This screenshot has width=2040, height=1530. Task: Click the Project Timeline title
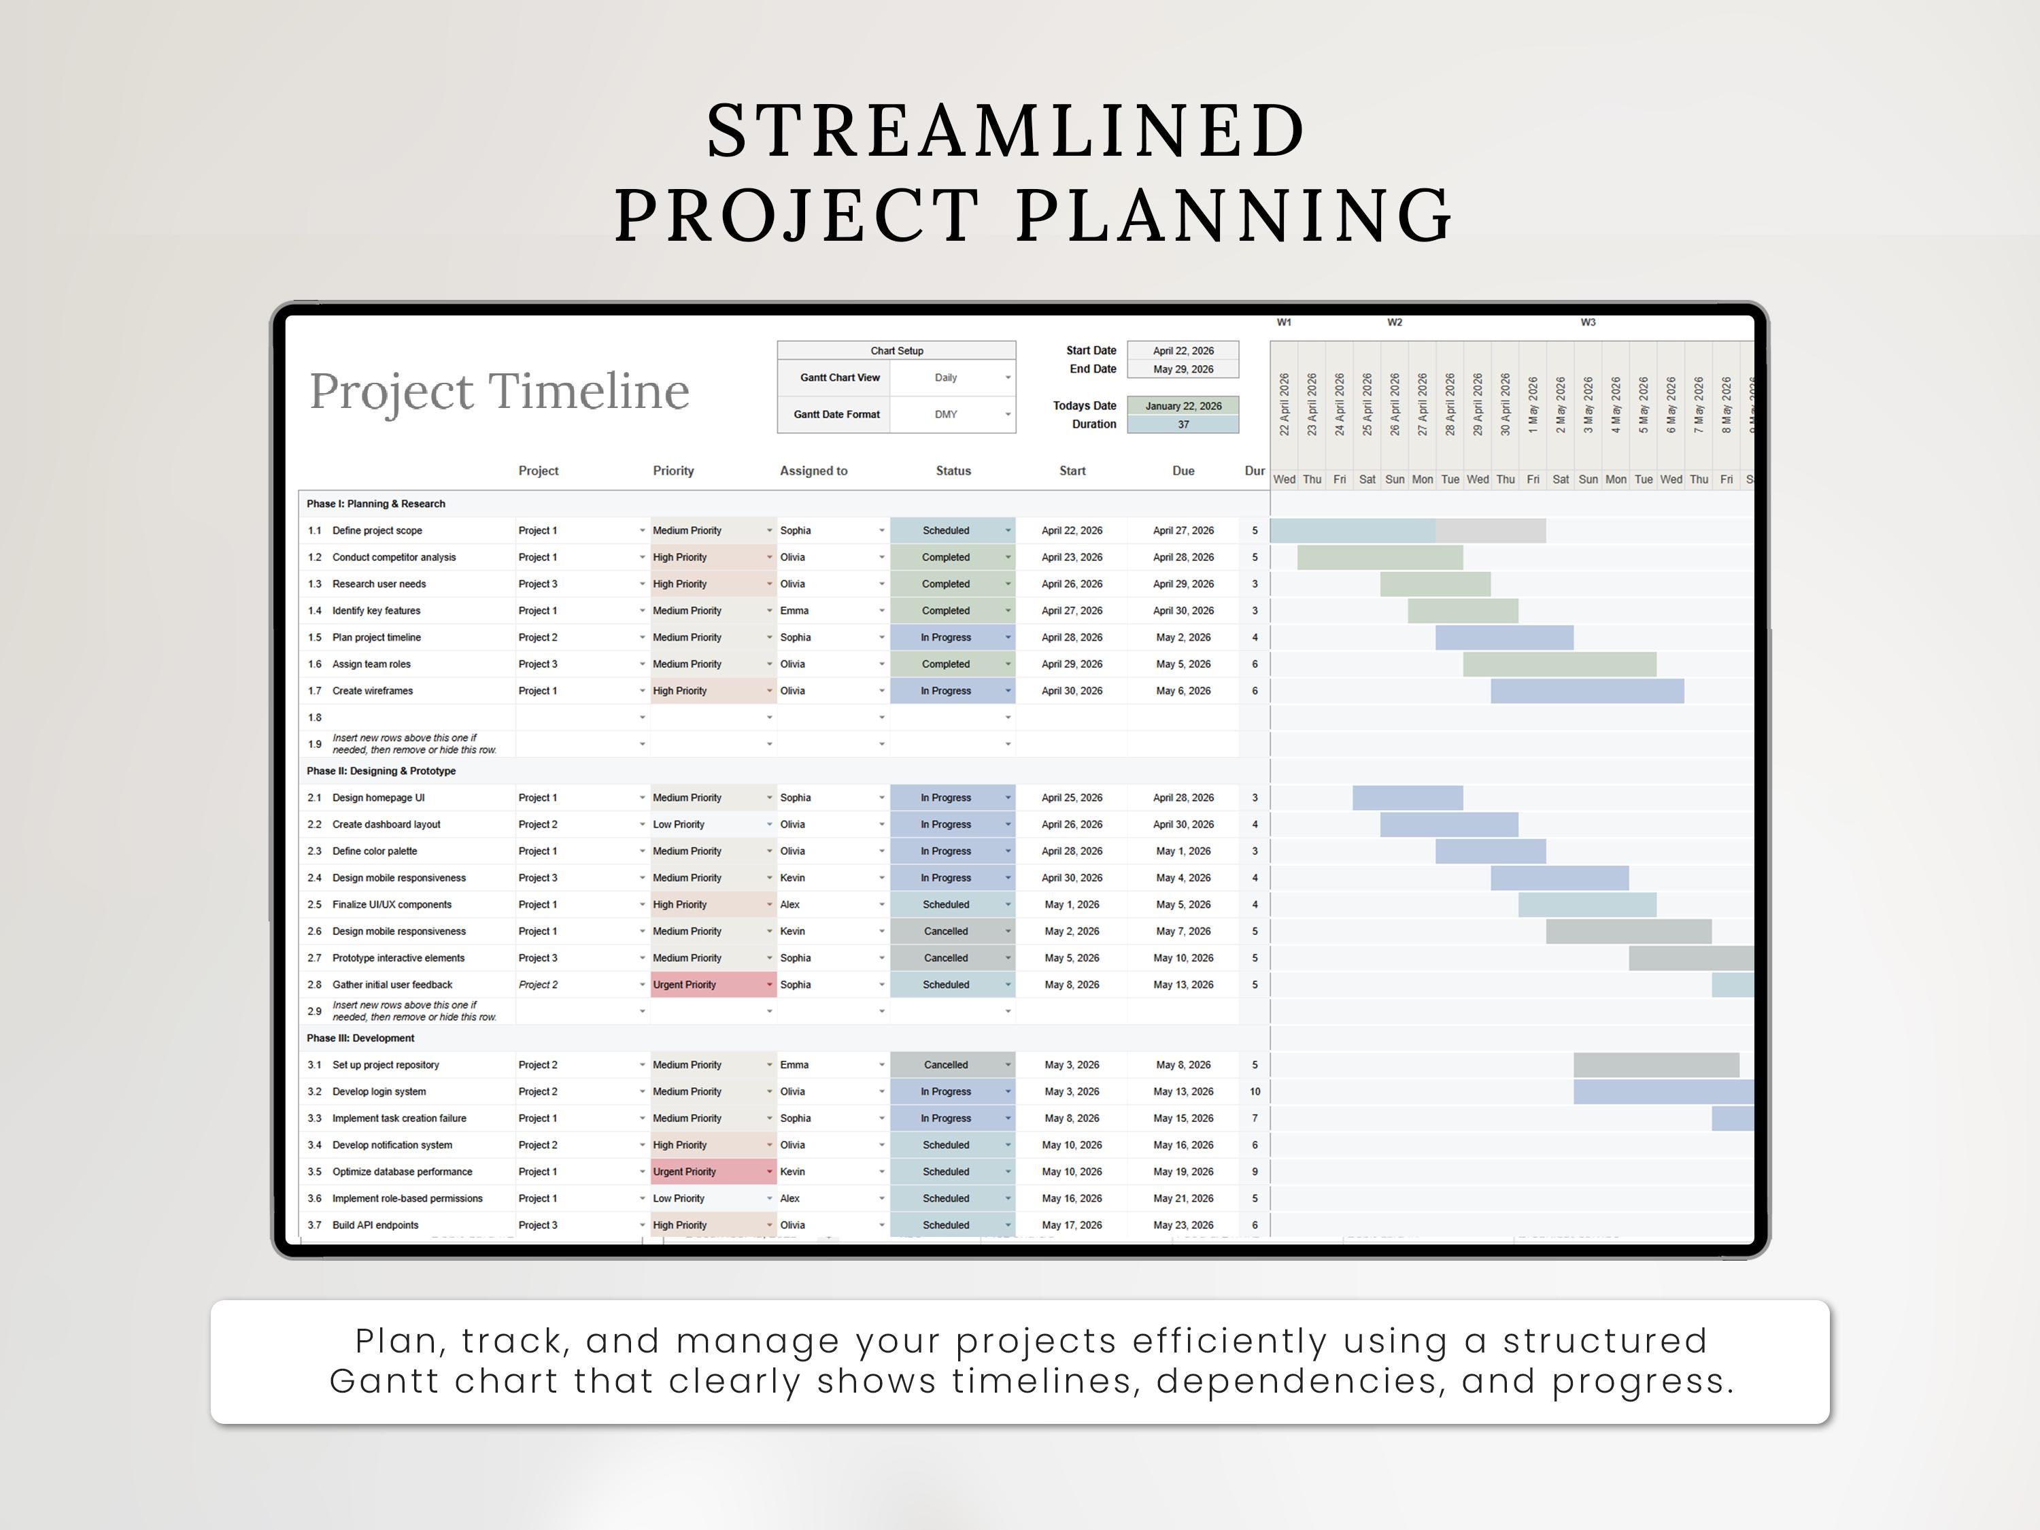click(x=499, y=392)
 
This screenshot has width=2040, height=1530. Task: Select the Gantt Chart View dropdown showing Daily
click(x=953, y=378)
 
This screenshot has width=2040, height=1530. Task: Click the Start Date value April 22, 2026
click(x=1183, y=350)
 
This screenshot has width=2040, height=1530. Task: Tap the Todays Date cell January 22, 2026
click(x=1183, y=406)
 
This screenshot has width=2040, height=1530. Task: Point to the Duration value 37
click(x=1183, y=424)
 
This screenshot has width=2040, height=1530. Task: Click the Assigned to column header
click(x=813, y=471)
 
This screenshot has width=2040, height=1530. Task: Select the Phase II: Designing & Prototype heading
click(x=381, y=771)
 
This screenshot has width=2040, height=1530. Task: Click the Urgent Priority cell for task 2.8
click(x=713, y=985)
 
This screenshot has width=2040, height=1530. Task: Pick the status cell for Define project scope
click(x=953, y=530)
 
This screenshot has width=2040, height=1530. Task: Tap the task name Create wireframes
click(x=373, y=691)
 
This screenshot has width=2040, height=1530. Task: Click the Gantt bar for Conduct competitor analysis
click(x=1380, y=557)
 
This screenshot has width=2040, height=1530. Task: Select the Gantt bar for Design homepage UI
click(x=1408, y=798)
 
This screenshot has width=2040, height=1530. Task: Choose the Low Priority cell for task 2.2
click(x=713, y=824)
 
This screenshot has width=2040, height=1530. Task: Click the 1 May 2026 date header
click(x=1533, y=405)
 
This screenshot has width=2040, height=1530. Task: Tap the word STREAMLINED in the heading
click(x=1007, y=131)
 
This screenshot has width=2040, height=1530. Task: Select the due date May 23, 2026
click(x=1183, y=1225)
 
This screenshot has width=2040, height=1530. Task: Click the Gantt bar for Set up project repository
click(x=1656, y=1065)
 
